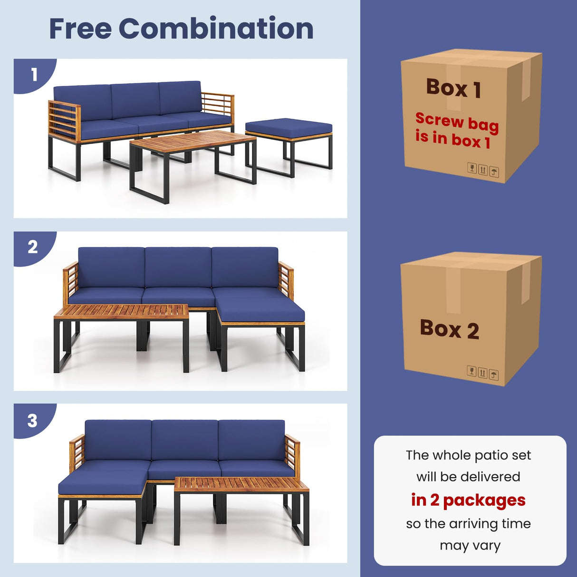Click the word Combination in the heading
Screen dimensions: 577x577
pos(216,29)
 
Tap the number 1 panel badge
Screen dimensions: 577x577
pos(34,75)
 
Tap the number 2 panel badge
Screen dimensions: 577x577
pos(32,247)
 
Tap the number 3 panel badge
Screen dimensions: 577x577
pos(32,421)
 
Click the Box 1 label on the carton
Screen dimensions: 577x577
pos(453,88)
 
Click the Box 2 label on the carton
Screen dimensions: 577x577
pos(449,329)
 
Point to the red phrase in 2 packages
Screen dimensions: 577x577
pos(468,500)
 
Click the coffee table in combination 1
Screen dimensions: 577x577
pos(192,143)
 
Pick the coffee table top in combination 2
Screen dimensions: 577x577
pos(122,312)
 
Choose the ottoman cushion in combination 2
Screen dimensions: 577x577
pos(260,310)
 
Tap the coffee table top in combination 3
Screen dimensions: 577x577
pos(241,484)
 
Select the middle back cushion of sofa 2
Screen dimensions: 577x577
pos(178,267)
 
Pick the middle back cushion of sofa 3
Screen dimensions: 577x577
pos(185,440)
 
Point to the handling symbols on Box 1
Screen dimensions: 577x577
pos(483,170)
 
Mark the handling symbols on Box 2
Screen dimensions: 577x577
pos(482,373)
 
